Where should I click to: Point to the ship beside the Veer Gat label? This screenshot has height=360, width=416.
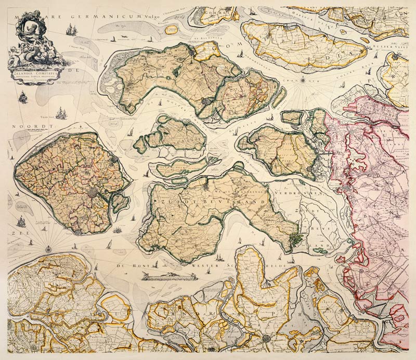point(61,113)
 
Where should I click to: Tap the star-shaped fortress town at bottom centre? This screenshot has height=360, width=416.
point(267,338)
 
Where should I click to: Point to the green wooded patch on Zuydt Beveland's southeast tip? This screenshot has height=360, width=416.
point(297,239)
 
